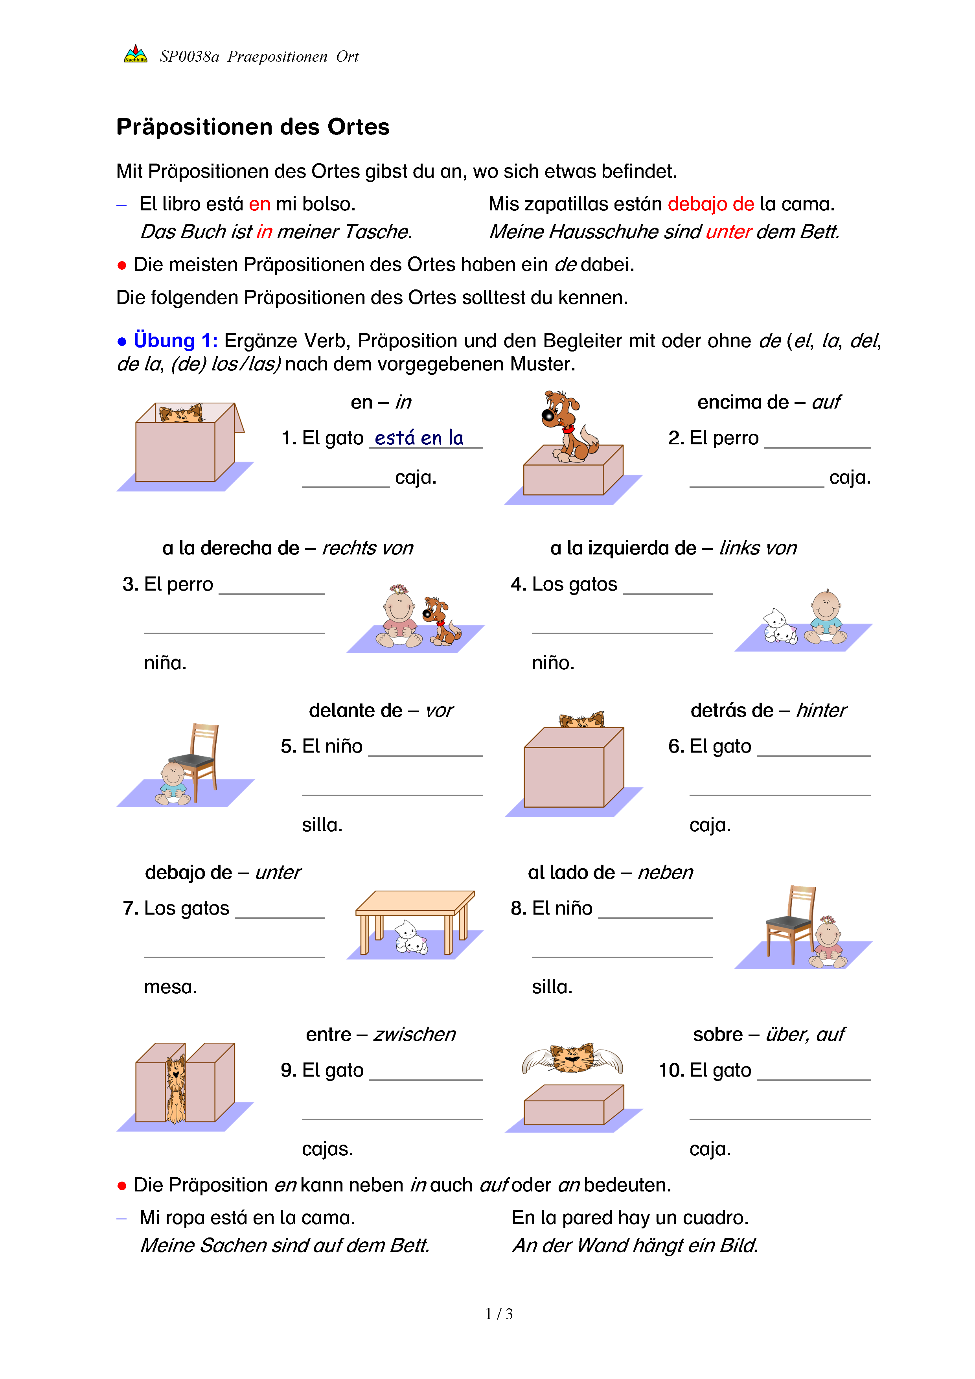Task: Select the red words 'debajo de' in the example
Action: pyautogui.click(x=710, y=204)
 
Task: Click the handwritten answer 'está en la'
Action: pyautogui.click(x=419, y=438)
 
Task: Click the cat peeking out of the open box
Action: pyautogui.click(x=180, y=414)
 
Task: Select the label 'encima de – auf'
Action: pyautogui.click(x=769, y=402)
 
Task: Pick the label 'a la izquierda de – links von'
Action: pyautogui.click(x=673, y=548)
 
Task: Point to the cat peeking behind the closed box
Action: pyautogui.click(x=581, y=720)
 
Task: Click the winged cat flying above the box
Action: pyautogui.click(x=572, y=1058)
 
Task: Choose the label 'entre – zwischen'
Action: pyautogui.click(x=381, y=1034)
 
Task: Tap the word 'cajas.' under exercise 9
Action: pyautogui.click(x=327, y=1149)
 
